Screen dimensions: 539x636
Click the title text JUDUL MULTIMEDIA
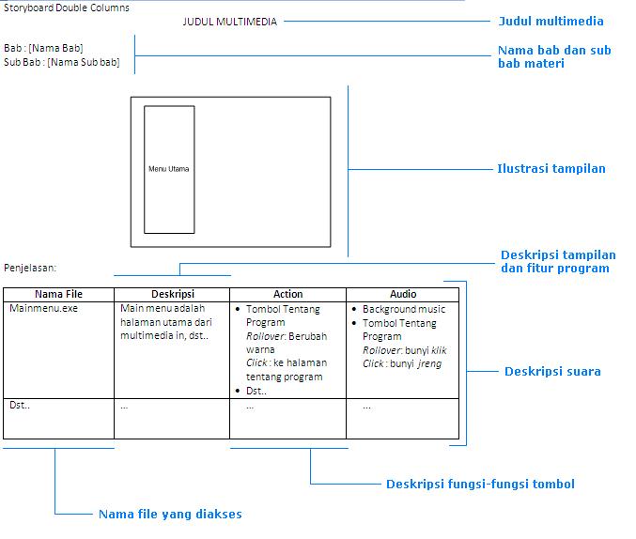click(x=230, y=22)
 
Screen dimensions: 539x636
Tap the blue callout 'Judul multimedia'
click(x=551, y=21)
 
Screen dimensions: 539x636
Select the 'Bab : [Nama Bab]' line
click(x=44, y=48)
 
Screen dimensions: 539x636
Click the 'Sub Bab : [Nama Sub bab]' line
click(x=62, y=62)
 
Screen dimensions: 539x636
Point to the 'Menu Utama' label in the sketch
click(x=169, y=169)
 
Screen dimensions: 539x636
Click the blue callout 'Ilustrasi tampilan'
click(x=551, y=169)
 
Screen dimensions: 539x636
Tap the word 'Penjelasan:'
click(x=30, y=267)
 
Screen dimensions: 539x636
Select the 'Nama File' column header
click(x=58, y=294)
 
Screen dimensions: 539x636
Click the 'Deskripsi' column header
click(x=172, y=294)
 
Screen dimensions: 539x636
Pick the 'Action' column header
click(x=287, y=294)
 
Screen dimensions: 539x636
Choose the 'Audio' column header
click(x=403, y=294)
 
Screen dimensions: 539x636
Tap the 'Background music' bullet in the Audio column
click(x=404, y=309)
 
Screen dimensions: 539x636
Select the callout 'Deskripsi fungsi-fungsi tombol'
click(x=480, y=485)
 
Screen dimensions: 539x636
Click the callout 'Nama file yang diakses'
click(x=170, y=514)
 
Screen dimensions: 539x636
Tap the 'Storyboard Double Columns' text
click(x=67, y=8)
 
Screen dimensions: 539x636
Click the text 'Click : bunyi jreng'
click(x=402, y=363)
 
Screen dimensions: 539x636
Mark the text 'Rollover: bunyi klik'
click(x=405, y=350)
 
